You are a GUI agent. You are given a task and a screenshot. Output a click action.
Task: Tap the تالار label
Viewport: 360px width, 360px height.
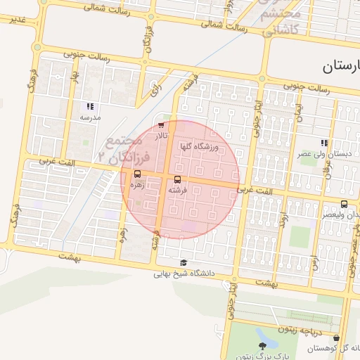point(162,135)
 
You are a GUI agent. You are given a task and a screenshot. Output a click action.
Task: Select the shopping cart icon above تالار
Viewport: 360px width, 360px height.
point(161,125)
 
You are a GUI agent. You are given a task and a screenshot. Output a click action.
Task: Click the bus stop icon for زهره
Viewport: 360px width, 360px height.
point(137,174)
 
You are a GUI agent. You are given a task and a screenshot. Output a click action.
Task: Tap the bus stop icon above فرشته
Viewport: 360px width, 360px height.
point(176,180)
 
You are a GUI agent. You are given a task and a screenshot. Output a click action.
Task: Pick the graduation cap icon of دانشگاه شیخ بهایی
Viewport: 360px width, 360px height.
point(184,263)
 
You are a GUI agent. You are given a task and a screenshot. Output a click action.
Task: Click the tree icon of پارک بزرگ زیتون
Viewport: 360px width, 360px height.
point(263,345)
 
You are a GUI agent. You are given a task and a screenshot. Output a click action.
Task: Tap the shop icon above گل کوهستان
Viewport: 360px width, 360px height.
point(336,338)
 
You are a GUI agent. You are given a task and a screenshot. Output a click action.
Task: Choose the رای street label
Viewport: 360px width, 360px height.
point(154,89)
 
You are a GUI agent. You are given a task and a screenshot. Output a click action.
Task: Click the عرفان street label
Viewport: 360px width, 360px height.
point(345,169)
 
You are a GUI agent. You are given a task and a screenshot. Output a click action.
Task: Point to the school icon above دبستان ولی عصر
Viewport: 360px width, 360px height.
point(323,143)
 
